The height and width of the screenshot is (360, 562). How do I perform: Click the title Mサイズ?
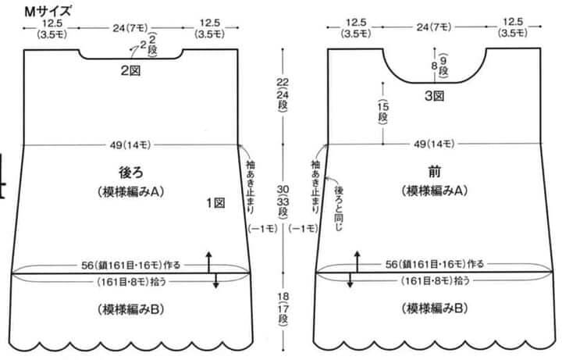click(48, 11)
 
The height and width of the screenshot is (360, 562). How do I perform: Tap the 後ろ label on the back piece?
click(131, 173)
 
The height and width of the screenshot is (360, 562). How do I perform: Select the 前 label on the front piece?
click(435, 172)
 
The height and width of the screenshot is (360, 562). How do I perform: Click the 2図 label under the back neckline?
click(130, 70)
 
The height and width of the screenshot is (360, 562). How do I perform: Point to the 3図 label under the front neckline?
click(435, 96)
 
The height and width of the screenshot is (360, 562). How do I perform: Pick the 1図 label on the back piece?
click(215, 203)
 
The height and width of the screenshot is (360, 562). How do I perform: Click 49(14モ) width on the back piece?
click(130, 145)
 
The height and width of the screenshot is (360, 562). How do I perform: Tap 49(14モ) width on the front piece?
click(434, 144)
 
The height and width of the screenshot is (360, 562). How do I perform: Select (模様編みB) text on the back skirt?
click(131, 309)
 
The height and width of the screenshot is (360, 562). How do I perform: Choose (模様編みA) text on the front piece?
click(435, 191)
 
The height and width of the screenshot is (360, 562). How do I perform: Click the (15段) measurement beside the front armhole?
click(383, 112)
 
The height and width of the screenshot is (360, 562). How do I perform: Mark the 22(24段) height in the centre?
click(283, 94)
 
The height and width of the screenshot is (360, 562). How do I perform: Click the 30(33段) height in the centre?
click(283, 201)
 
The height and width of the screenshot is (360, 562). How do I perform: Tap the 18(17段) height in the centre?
click(283, 309)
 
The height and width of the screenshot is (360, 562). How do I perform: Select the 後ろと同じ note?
click(338, 208)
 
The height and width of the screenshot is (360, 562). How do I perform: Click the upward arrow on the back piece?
click(208, 262)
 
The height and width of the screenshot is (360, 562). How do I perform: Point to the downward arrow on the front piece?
click(350, 280)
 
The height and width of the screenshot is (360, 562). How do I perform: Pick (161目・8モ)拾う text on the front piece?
click(435, 280)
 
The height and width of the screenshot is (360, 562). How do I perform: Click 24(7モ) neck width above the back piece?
click(130, 28)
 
